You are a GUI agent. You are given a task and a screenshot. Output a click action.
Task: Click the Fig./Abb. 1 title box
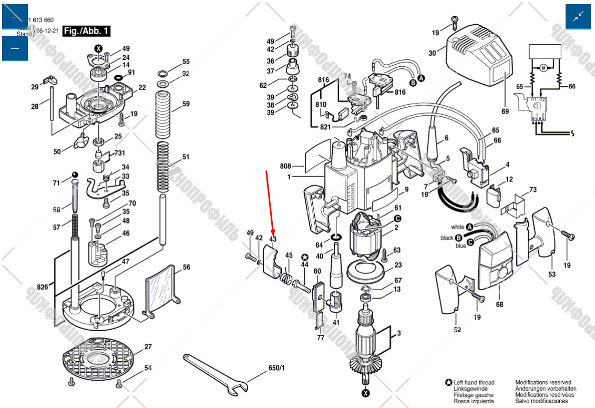[87, 31]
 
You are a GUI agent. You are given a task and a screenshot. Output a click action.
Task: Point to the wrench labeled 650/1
[216, 373]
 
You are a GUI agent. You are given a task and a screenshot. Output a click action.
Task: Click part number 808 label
[285, 167]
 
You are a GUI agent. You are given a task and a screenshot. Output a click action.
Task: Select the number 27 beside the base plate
[148, 347]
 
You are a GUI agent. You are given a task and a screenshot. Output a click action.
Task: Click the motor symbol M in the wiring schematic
[543, 68]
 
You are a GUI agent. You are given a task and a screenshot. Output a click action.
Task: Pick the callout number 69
[505, 111]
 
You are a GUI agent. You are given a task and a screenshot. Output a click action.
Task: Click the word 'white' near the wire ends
[457, 227]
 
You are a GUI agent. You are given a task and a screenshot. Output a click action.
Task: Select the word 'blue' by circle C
[460, 246]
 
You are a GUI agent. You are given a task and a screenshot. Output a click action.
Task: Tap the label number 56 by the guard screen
[186, 267]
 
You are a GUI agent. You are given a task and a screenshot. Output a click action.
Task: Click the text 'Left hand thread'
[474, 383]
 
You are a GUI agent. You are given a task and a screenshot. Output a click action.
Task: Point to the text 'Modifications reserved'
[543, 383]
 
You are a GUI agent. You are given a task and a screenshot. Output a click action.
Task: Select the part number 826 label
[43, 287]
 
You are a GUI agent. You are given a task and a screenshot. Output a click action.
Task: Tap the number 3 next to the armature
[398, 333]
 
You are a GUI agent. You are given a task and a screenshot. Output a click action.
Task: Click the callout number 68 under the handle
[499, 304]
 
